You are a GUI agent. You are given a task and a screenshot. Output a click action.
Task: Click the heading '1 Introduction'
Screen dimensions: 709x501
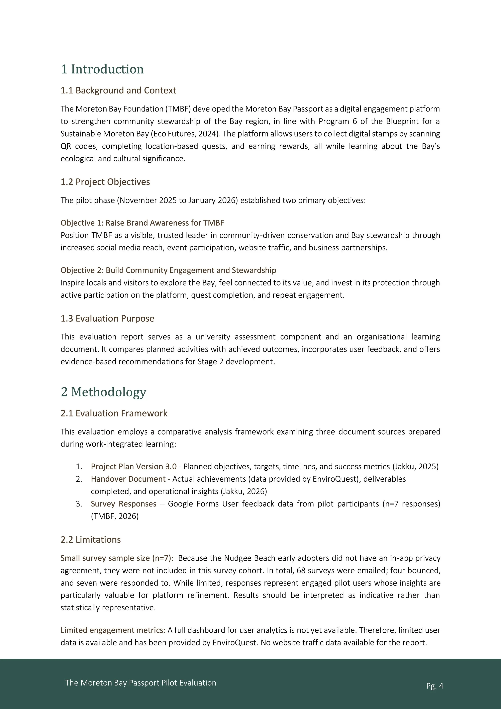coord(102,69)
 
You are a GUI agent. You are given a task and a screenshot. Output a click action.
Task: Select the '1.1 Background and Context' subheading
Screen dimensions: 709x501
coord(118,90)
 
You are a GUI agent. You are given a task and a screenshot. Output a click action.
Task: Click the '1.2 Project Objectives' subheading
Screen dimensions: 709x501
coord(105,182)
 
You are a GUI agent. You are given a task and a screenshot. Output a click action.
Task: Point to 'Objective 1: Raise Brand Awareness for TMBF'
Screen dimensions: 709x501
coord(142,223)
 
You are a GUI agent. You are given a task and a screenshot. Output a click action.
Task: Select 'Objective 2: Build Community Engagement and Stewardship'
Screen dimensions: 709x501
coord(168,270)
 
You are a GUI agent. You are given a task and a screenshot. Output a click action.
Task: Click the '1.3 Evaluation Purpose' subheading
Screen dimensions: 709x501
coord(107,318)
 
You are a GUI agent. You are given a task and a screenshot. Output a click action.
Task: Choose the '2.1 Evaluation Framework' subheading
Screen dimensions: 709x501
coord(114,413)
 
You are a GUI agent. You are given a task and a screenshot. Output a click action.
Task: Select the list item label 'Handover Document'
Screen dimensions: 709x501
coord(128,479)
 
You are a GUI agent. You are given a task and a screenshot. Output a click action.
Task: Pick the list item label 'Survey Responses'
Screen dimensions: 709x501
coord(123,504)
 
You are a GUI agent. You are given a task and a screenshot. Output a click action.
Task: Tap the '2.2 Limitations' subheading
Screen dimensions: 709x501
coord(90,540)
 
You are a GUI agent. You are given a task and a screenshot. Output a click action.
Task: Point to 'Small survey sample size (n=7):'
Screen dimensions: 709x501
coord(117,558)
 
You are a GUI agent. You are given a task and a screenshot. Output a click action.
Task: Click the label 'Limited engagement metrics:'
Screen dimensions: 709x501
coord(113,630)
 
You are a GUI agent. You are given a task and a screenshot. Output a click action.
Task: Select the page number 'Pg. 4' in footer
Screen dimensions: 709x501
coord(435,686)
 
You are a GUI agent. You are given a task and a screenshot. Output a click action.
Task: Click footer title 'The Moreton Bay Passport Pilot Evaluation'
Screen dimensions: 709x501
coord(140,683)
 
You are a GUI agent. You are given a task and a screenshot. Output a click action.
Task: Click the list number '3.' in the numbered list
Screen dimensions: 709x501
coord(79,504)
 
